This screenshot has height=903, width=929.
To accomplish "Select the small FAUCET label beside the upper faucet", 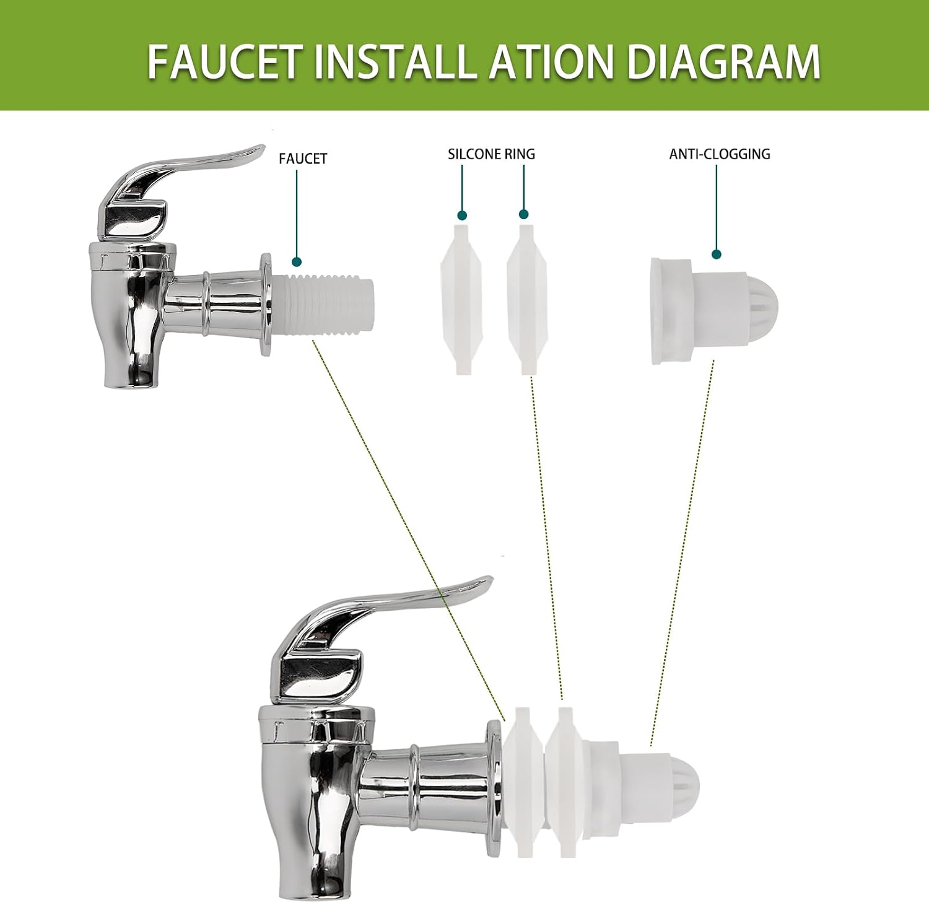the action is pos(303,159).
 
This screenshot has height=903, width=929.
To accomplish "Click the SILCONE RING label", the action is pos(491,154).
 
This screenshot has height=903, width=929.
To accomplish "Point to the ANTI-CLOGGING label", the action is pos(720,154).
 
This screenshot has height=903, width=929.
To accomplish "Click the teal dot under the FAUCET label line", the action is pos(297,261).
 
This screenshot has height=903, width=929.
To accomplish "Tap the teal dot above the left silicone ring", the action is pos(462,216).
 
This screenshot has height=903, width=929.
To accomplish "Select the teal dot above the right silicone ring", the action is pos(524,214).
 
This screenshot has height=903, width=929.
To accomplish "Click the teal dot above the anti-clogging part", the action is pos(717,254).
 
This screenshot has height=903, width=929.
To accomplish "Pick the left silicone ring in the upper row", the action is pos(461,299).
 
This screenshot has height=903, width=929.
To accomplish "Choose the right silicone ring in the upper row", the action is pos(527,299).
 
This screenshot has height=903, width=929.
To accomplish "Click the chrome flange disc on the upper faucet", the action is pos(266,304).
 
